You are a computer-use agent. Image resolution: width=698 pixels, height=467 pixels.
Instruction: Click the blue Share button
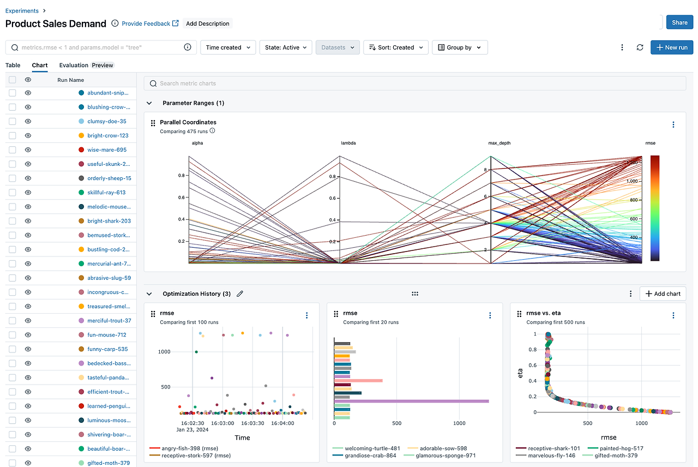point(679,22)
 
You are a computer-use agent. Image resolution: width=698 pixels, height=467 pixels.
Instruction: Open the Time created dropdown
point(228,47)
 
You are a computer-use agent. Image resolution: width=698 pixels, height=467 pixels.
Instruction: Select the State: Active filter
point(286,47)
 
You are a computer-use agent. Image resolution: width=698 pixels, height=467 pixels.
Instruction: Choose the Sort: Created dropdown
point(395,47)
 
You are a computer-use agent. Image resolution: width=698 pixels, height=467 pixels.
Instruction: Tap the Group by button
point(460,47)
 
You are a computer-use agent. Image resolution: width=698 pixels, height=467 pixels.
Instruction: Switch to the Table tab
point(13,65)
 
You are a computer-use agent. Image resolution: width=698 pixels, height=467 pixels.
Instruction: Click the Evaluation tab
point(74,65)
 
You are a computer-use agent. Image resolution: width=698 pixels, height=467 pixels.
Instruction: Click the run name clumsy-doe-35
point(107,122)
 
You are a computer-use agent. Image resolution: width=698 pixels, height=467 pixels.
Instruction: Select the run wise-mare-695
point(107,150)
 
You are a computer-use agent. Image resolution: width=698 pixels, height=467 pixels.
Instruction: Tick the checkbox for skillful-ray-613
point(13,193)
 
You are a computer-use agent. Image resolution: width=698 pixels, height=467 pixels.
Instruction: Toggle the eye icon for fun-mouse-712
point(28,335)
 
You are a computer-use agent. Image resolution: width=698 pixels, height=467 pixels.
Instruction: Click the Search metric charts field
point(414,83)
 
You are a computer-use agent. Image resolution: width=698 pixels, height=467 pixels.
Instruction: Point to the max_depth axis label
point(499,143)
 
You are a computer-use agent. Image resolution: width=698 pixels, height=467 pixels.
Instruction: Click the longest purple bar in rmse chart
point(411,401)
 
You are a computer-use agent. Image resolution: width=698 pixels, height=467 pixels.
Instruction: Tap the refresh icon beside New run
point(640,47)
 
